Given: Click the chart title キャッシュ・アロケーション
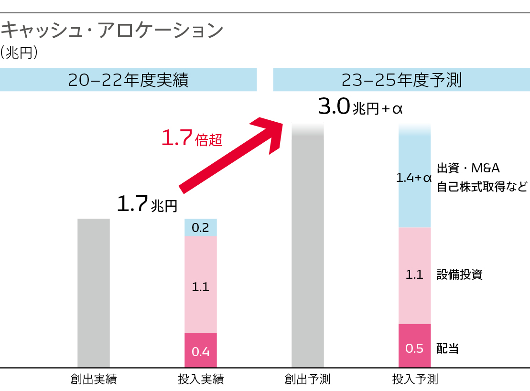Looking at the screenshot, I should [112, 31].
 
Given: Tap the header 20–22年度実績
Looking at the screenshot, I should [128, 80].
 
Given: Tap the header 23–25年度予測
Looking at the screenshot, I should [401, 80].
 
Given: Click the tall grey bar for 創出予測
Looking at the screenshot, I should [308, 248].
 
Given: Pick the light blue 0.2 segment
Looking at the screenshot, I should [200, 228].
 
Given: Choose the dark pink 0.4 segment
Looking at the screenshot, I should [200, 350].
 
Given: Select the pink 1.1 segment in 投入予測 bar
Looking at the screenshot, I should [414, 275].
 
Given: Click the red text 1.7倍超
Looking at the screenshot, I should [191, 139].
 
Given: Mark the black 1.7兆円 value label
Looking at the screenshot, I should [147, 204].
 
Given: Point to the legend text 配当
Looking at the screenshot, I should [447, 349].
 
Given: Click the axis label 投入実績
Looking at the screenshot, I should [201, 380].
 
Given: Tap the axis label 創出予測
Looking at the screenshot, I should [308, 380].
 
